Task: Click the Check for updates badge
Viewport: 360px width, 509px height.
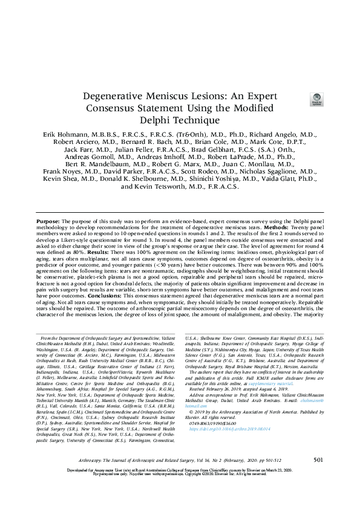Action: pyautogui.click(x=315, y=100)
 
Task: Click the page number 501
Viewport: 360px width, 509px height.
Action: pyautogui.click(x=318, y=477)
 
